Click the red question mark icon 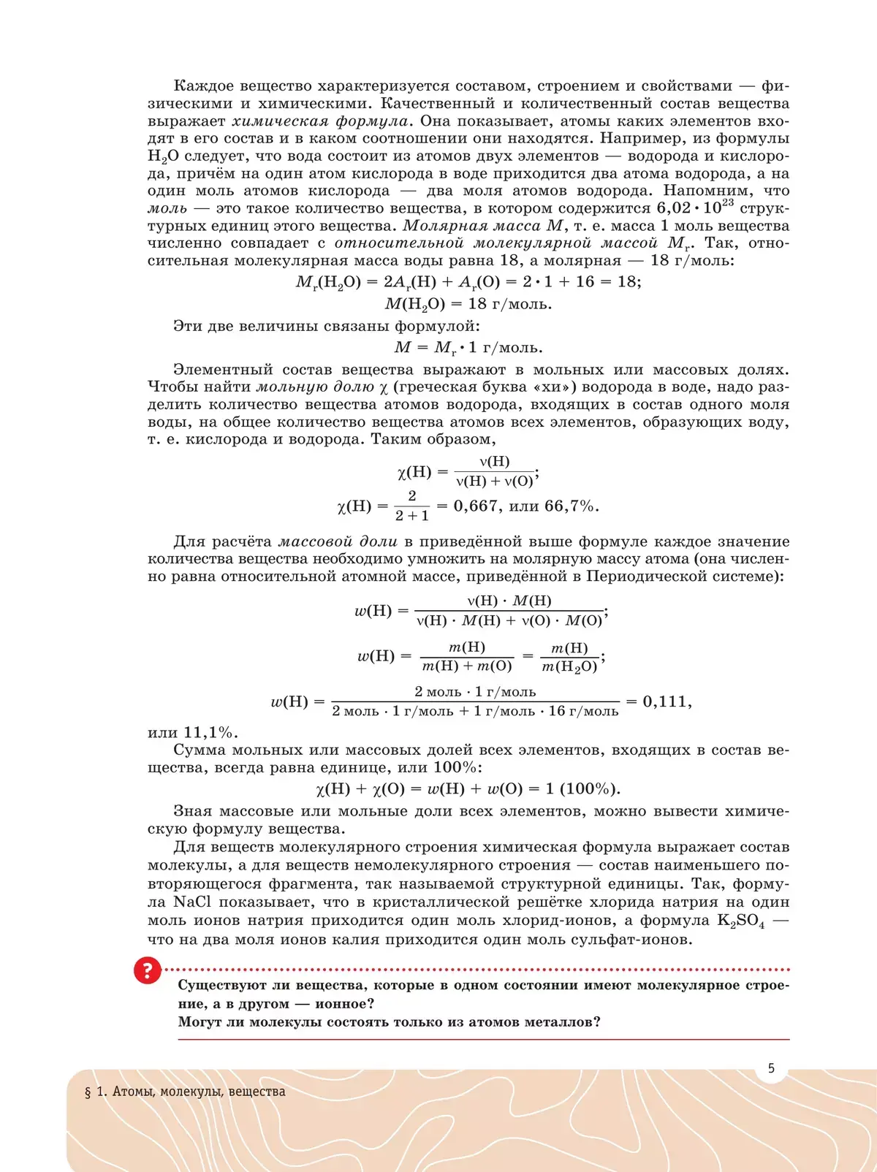(x=147, y=970)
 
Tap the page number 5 (x=771, y=1068)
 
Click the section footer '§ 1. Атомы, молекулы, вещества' (x=185, y=1092)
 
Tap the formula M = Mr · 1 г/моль (x=468, y=348)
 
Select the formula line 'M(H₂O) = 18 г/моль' (x=468, y=304)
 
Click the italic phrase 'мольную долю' (x=315, y=387)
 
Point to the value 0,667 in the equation (x=475, y=506)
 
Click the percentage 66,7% (x=572, y=506)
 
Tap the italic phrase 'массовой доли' (x=338, y=541)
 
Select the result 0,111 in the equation (x=664, y=701)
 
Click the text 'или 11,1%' (x=192, y=732)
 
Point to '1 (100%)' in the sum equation (x=582, y=788)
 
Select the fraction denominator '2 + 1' (x=412, y=516)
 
